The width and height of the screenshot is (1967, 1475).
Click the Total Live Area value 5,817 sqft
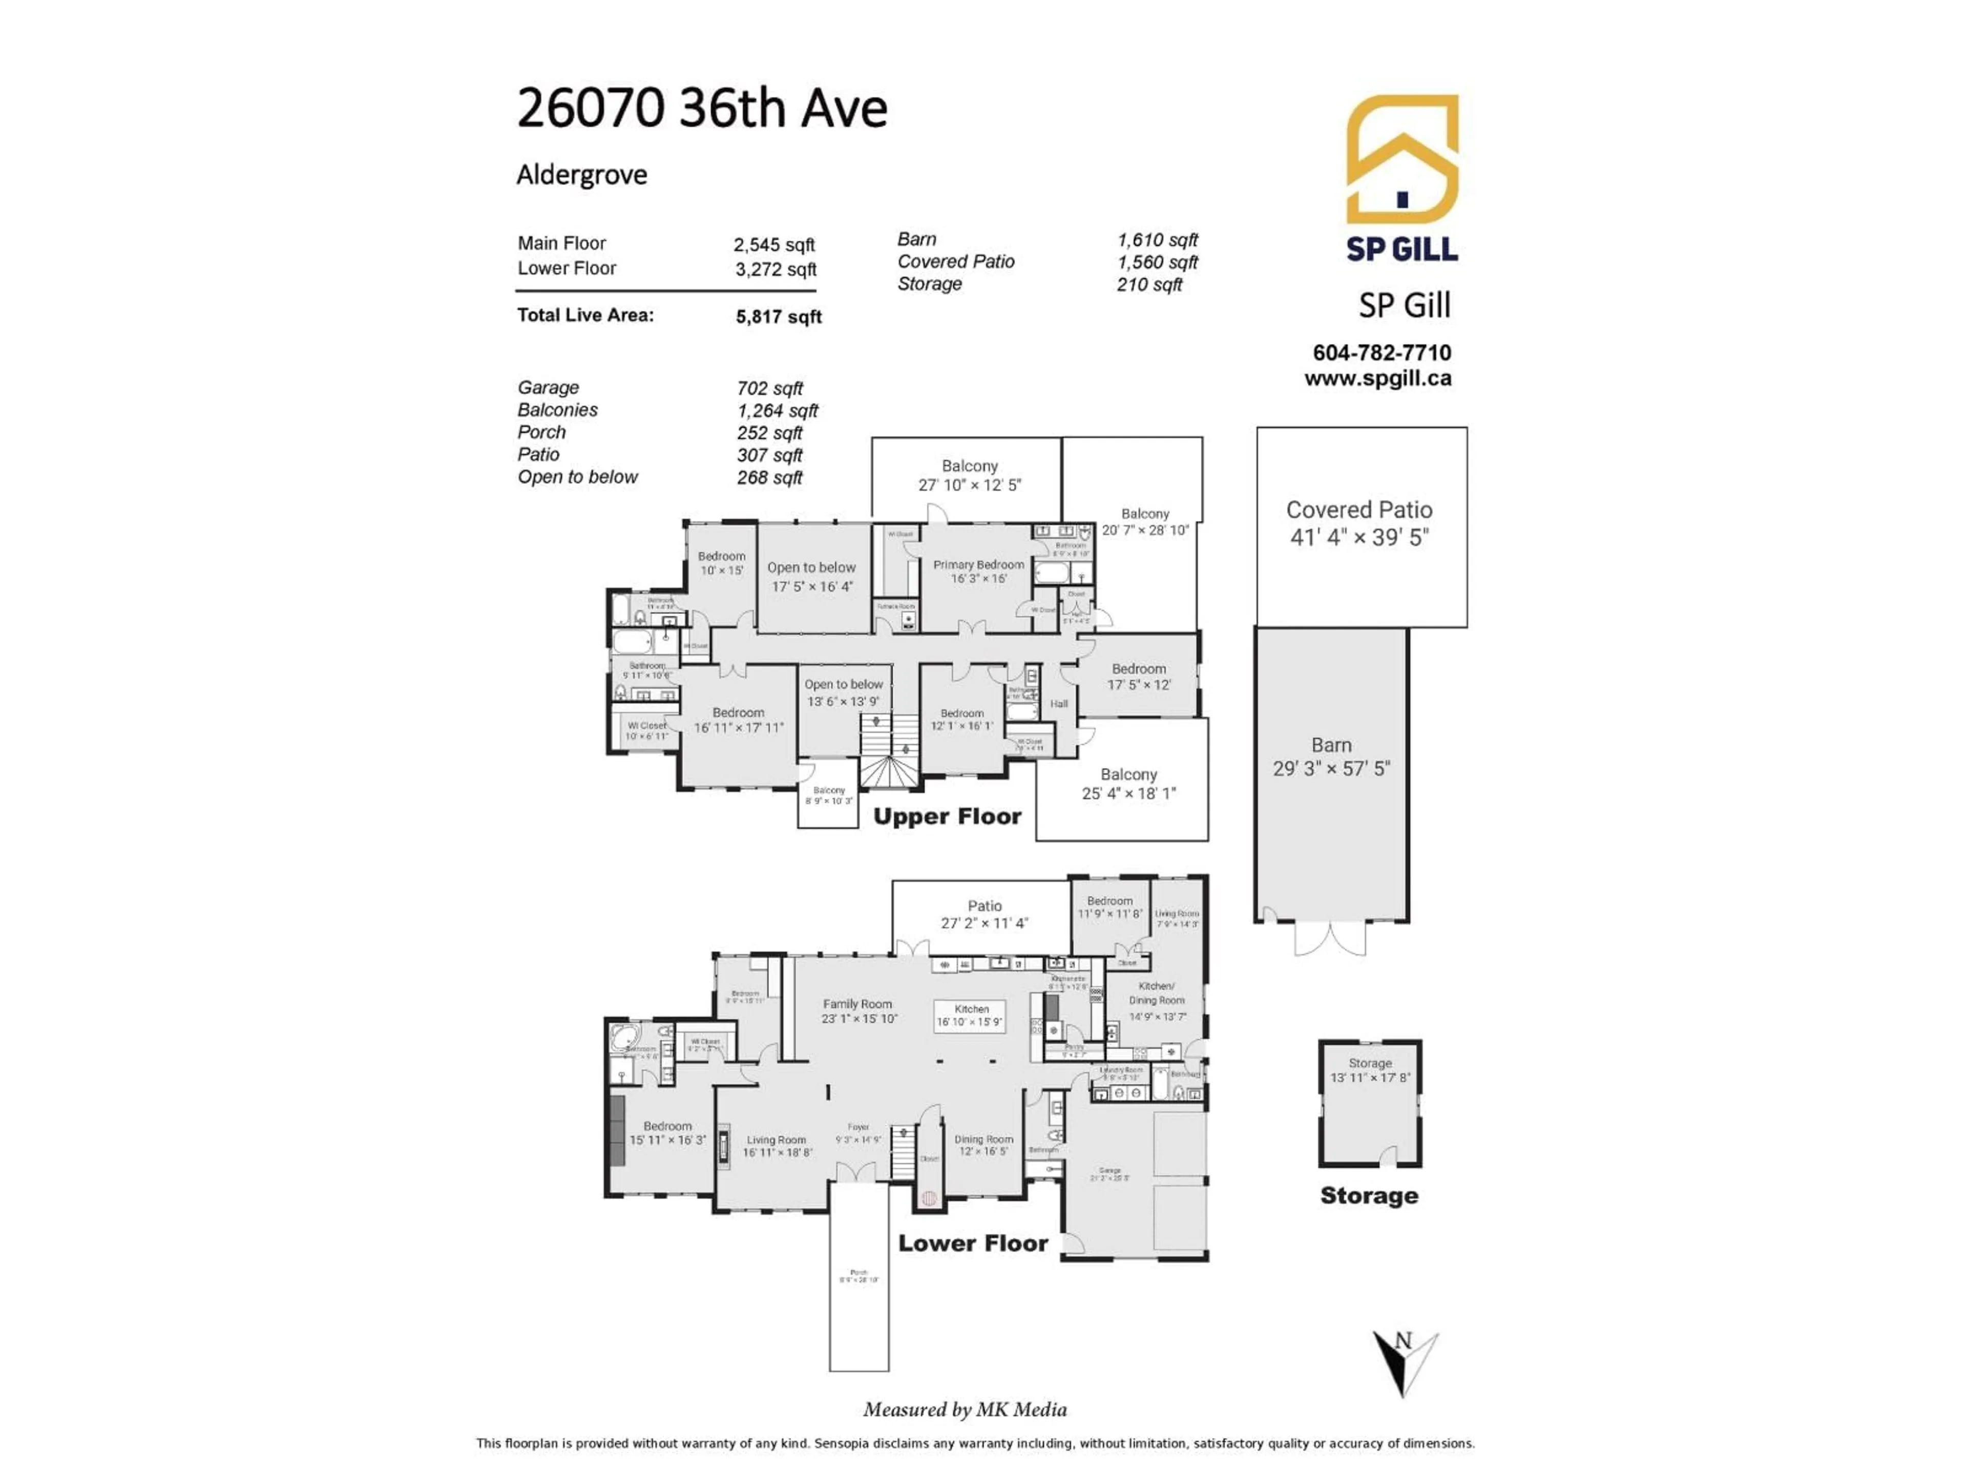(x=778, y=317)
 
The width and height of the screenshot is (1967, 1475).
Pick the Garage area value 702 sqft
(x=769, y=389)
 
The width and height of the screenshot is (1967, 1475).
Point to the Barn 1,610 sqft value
(x=1157, y=240)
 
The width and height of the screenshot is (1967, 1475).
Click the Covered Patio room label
(x=1359, y=510)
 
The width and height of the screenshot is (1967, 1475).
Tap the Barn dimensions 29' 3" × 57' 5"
(x=1331, y=768)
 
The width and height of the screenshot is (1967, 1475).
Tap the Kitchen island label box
(x=970, y=1015)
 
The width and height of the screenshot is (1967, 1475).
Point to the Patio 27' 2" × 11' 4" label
(x=985, y=914)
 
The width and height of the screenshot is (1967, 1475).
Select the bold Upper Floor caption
(x=947, y=816)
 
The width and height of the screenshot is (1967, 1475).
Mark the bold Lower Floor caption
(x=973, y=1243)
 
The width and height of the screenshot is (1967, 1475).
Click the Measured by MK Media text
(x=965, y=1409)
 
